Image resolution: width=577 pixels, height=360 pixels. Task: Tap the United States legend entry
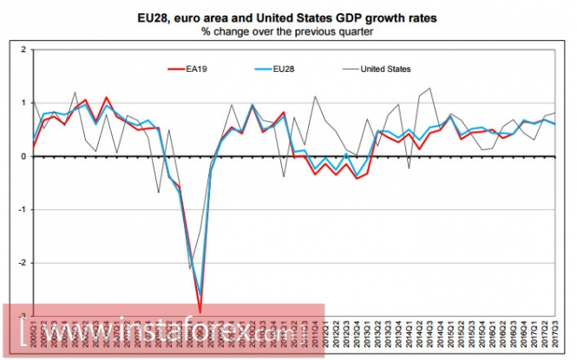point(385,68)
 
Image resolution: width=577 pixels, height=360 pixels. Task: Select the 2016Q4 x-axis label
point(523,335)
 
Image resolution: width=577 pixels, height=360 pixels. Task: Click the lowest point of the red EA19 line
point(200,312)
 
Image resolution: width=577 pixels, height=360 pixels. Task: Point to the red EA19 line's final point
point(555,124)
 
